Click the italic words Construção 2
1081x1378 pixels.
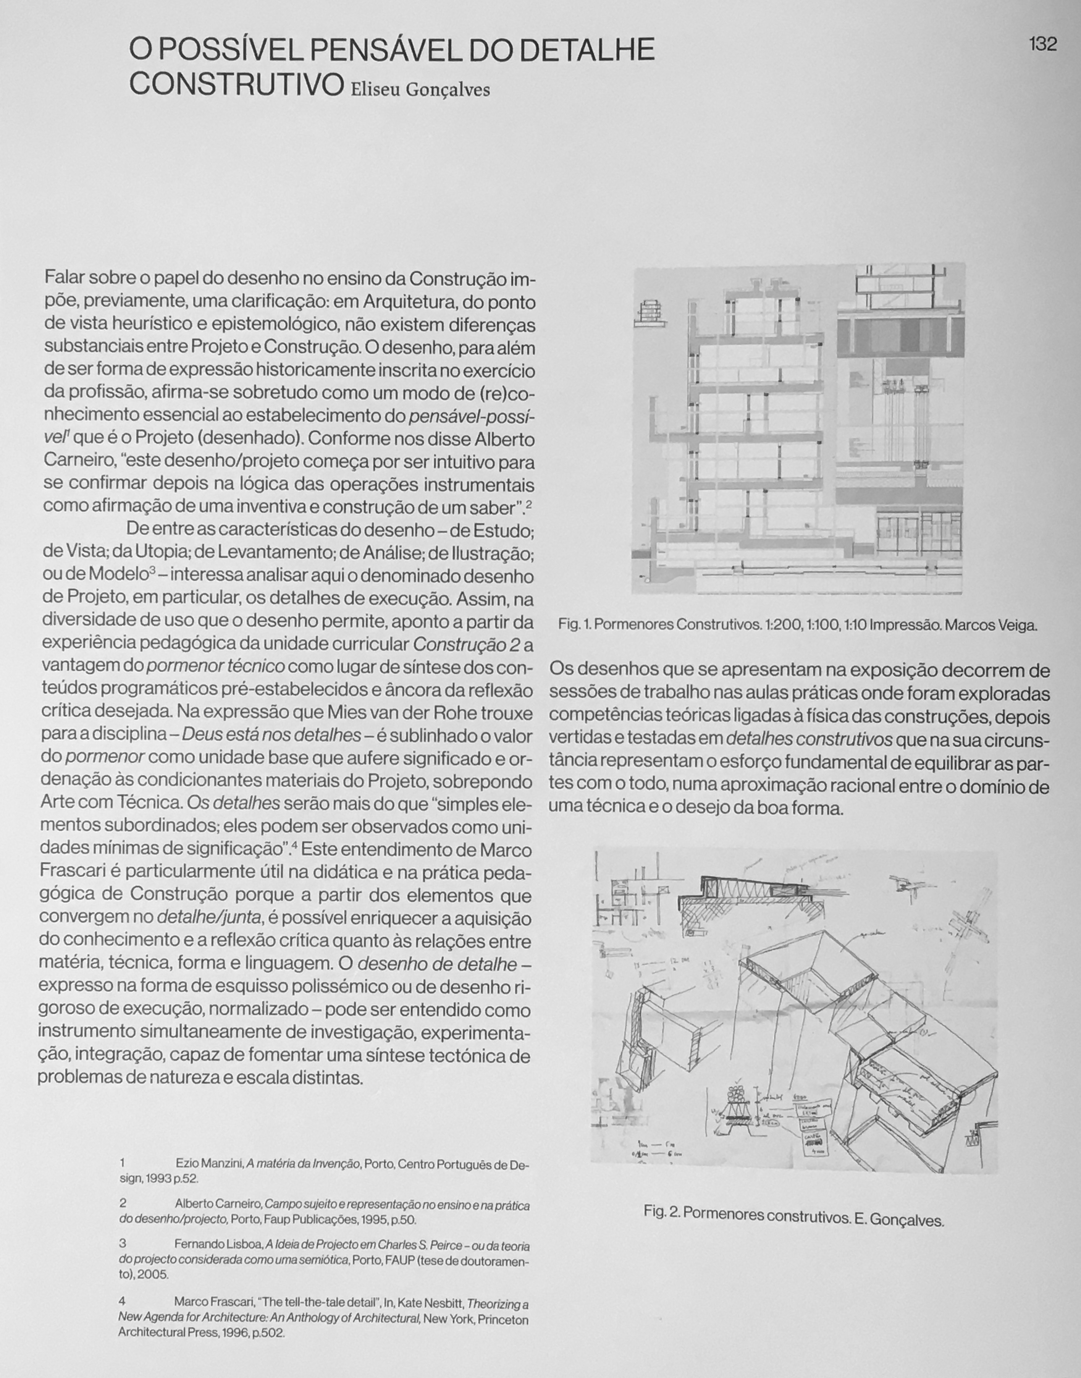point(467,644)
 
